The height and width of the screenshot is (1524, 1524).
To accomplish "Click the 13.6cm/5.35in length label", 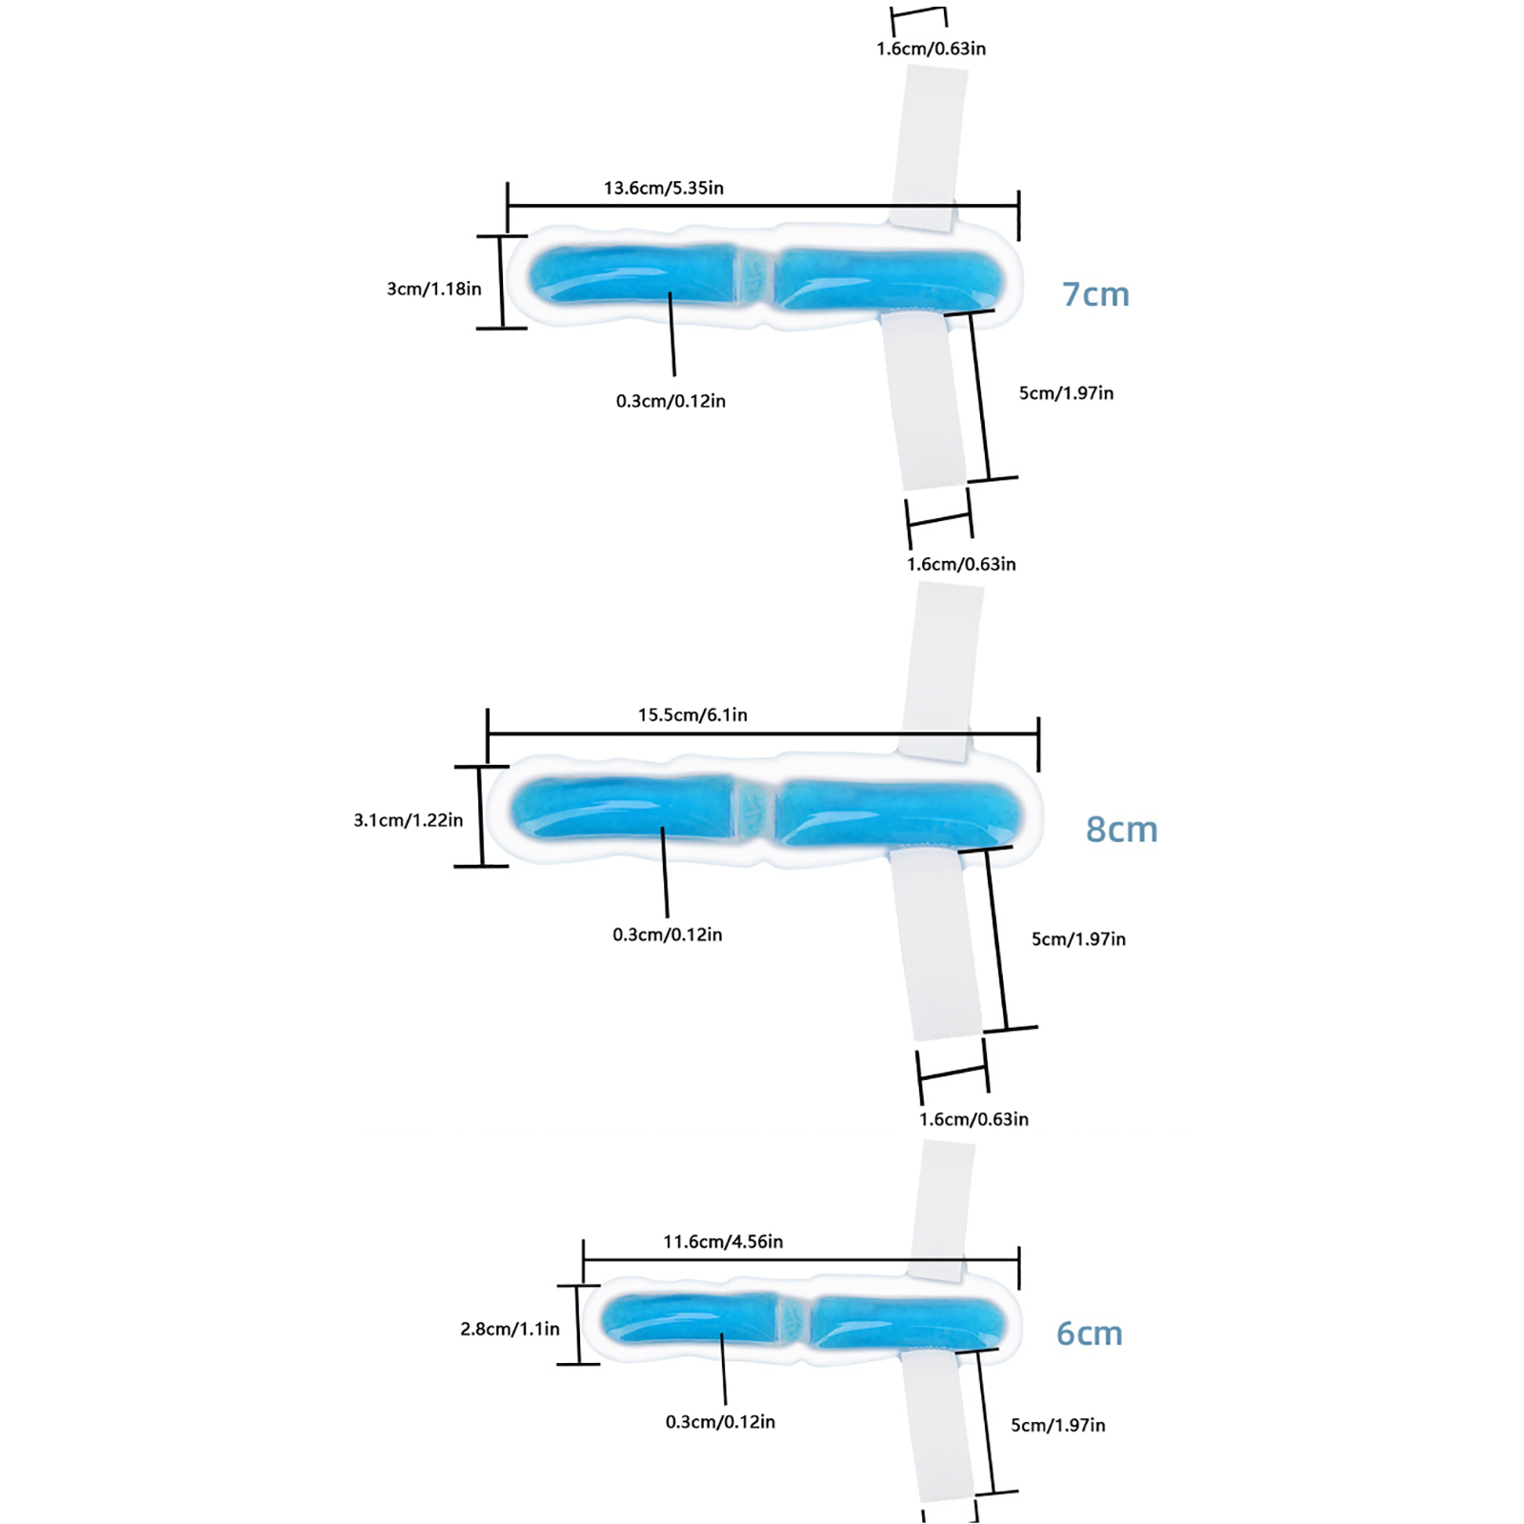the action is (x=663, y=188).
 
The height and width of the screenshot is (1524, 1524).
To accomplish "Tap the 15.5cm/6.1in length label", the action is (x=692, y=714).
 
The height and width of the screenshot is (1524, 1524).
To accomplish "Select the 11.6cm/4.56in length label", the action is (x=723, y=1241).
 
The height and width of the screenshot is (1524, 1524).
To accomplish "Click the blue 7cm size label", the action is (x=1095, y=294).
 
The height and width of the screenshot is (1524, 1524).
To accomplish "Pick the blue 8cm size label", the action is (x=1121, y=830).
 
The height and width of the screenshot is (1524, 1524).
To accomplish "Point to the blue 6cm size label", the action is (x=1090, y=1333).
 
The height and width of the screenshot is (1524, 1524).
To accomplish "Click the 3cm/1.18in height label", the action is (x=434, y=289).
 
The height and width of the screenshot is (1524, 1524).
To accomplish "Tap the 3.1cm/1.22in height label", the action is (x=408, y=820).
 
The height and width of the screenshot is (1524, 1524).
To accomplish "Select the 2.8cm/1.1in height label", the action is (x=510, y=1329).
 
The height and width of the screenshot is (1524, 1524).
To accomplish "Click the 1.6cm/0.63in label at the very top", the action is (x=931, y=49).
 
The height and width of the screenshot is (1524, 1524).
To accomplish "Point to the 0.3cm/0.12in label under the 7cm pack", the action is (x=671, y=401).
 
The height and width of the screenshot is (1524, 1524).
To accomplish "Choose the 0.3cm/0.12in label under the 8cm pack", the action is (x=667, y=934).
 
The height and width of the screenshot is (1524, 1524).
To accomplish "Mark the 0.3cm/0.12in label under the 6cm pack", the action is (x=720, y=1422).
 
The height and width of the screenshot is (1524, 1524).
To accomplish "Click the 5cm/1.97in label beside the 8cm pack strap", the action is (x=1078, y=939).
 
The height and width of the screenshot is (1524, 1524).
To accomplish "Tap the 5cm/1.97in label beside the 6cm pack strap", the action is (x=1057, y=1425).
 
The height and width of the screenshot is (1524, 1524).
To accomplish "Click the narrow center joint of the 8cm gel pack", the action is (x=754, y=811).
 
